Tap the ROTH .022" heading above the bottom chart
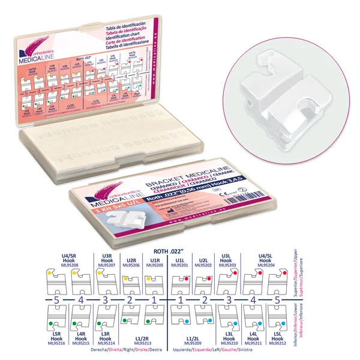(179, 246)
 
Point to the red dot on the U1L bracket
(187, 279)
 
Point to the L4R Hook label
(80, 337)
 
